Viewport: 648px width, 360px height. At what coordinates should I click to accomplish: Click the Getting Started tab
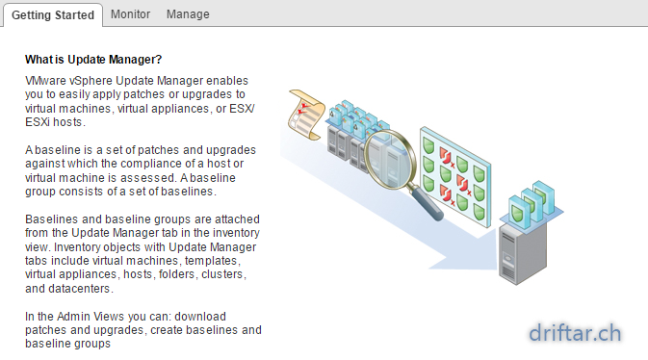click(53, 15)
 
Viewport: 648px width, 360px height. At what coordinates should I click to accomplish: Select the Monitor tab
click(130, 14)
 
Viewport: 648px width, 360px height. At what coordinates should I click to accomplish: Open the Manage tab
click(188, 14)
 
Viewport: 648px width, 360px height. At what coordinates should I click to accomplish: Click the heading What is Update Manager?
click(93, 60)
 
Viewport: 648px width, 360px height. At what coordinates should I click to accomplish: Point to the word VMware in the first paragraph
click(39, 81)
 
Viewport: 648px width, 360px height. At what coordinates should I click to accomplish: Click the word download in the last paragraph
click(200, 317)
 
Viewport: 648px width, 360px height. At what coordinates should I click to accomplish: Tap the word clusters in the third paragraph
click(223, 274)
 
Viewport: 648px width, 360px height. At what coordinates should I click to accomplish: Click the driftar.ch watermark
click(575, 333)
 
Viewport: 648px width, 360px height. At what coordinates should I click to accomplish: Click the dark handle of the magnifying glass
click(427, 203)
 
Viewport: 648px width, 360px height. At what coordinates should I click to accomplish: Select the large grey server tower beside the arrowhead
click(523, 251)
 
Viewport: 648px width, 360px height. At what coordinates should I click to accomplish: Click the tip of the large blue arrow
click(498, 270)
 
